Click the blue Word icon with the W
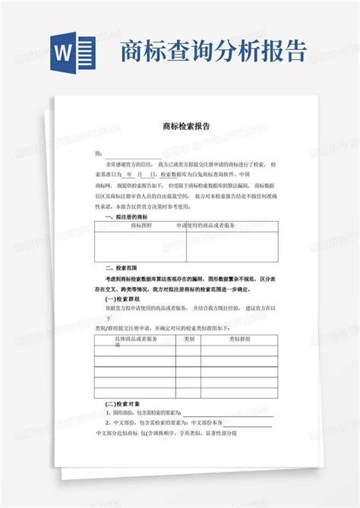click(x=72, y=54)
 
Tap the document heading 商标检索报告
click(x=186, y=128)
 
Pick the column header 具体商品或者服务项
click(x=134, y=340)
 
